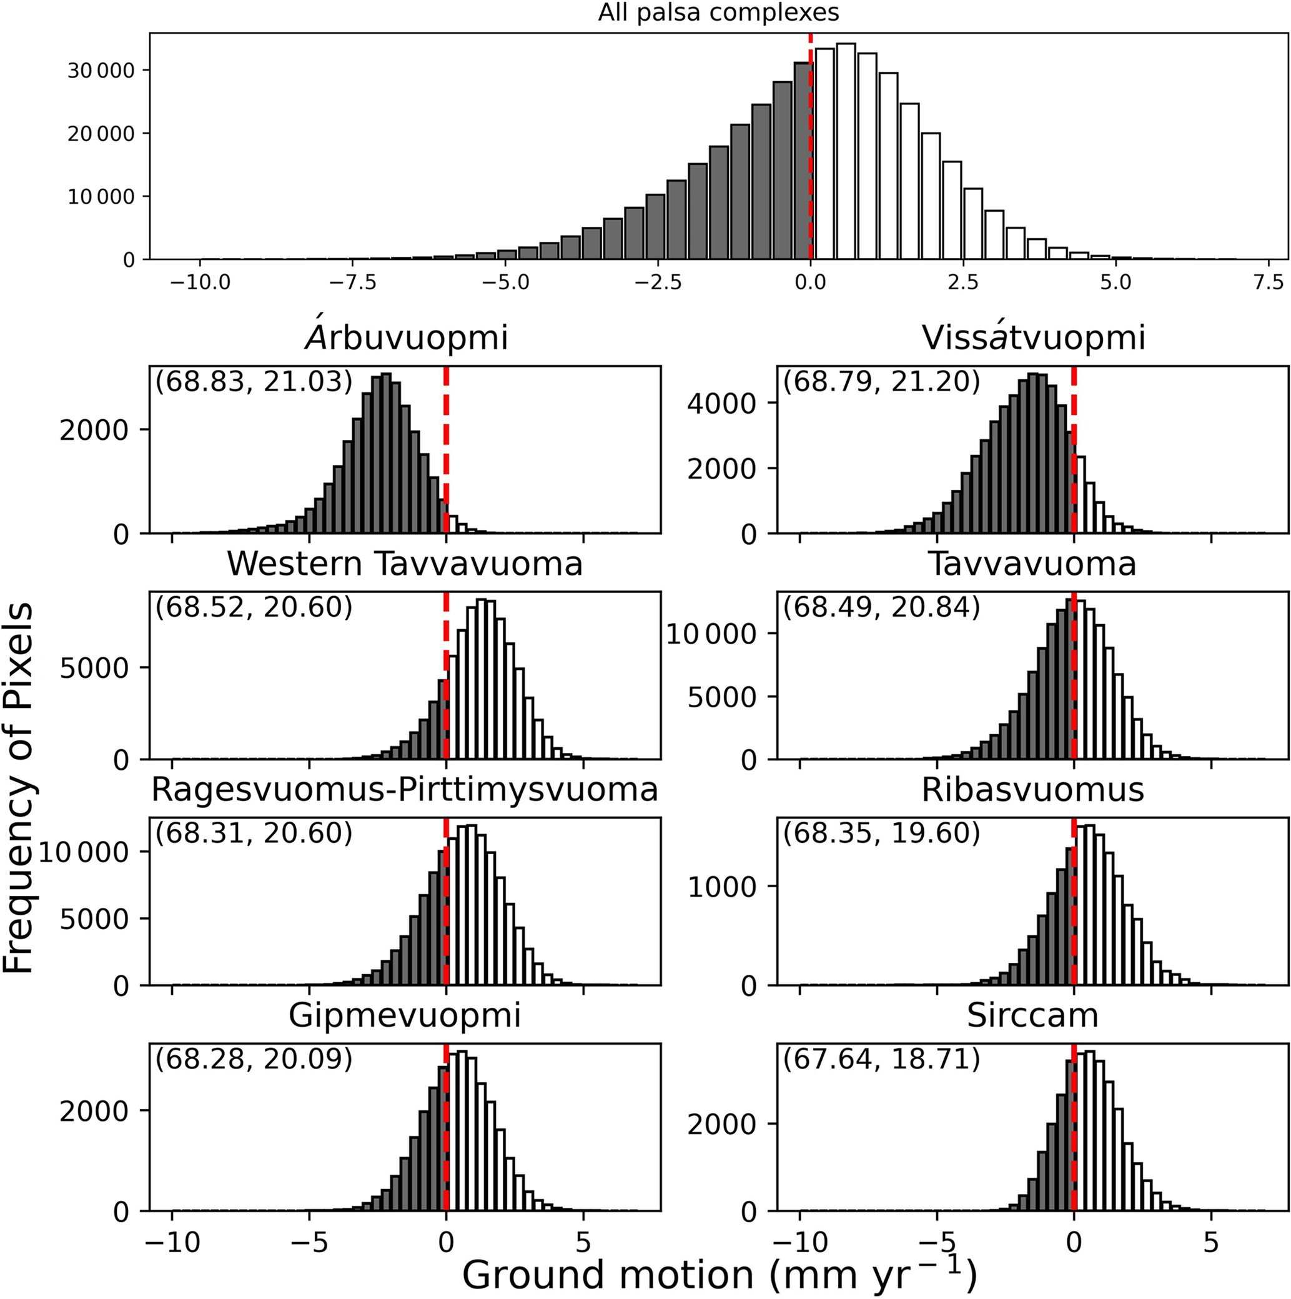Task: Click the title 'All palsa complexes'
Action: tap(718, 12)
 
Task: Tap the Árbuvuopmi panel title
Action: tap(406, 337)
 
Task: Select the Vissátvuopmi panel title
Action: tap(1033, 337)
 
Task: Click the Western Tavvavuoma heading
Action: tap(405, 564)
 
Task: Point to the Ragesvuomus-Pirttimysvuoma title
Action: tap(405, 789)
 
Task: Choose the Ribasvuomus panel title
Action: tap(1032, 789)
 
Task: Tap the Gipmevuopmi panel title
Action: tap(405, 1015)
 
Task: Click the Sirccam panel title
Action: tap(1032, 1015)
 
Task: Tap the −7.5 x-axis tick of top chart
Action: tap(352, 282)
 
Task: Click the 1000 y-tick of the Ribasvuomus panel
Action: tap(722, 887)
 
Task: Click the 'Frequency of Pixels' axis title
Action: tap(19, 787)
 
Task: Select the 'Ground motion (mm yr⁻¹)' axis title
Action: tap(719, 1273)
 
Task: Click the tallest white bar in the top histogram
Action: tap(846, 151)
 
